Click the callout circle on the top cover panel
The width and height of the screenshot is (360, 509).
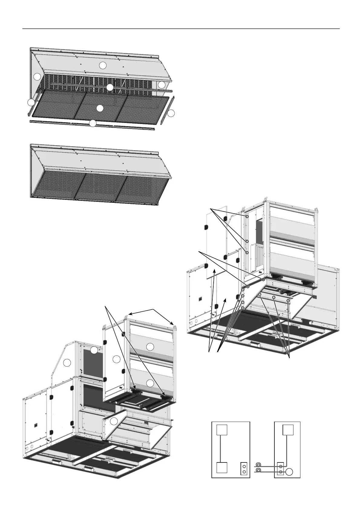pyautogui.click(x=103, y=65)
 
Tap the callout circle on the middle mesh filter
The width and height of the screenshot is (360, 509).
pyautogui.click(x=100, y=108)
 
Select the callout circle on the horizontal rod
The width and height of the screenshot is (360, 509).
pyautogui.click(x=110, y=88)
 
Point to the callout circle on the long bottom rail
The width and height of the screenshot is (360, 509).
pyautogui.click(x=93, y=123)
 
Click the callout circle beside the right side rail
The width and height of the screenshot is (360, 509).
pyautogui.click(x=171, y=114)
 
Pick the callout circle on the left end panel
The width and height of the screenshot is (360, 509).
pyautogui.click(x=37, y=77)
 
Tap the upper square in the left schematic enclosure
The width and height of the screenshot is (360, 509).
pyautogui.click(x=222, y=430)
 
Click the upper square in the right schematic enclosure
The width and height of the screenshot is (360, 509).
pyautogui.click(x=288, y=430)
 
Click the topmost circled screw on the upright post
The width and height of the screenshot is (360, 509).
pyautogui.click(x=247, y=217)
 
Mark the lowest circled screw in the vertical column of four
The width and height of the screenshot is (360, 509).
pyautogui.click(x=243, y=308)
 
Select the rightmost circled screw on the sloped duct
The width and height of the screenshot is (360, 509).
pyautogui.click(x=288, y=301)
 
